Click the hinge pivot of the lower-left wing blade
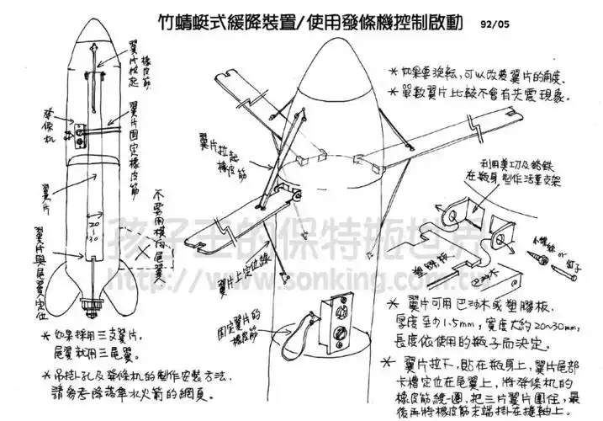click(297, 195)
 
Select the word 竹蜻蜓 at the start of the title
click(184, 23)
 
